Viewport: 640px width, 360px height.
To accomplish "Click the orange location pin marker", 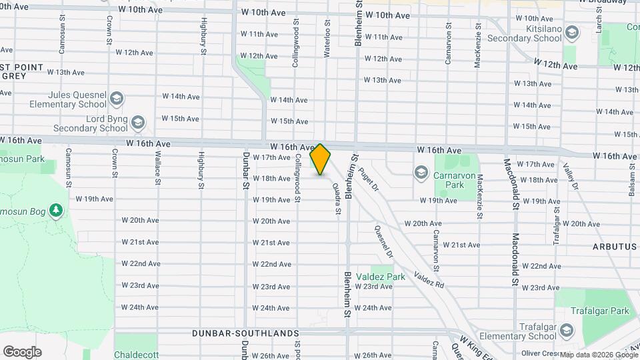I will [x=321, y=159].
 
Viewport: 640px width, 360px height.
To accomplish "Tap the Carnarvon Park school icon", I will [x=421, y=173].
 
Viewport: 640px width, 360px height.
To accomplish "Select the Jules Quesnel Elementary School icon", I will [x=117, y=99].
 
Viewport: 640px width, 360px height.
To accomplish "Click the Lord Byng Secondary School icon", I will [x=138, y=123].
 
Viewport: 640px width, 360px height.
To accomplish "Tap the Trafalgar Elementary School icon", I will [x=567, y=331].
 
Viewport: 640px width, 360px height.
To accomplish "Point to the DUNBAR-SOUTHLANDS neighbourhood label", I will [x=245, y=333].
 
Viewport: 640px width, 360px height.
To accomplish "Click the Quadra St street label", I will [x=338, y=199].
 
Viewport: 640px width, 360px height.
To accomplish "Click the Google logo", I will [x=22, y=352].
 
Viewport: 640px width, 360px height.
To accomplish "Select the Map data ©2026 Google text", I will [x=598, y=355].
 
